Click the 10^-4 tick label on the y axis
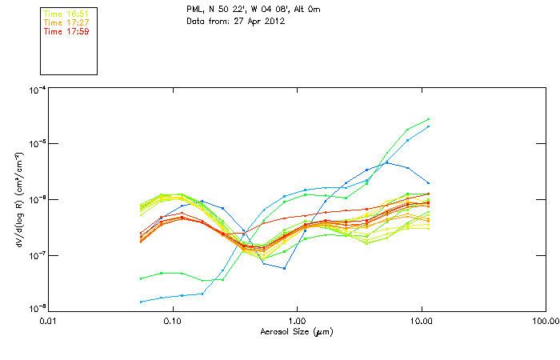coord(35,90)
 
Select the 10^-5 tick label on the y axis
coord(35,144)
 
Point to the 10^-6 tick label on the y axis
coord(35,199)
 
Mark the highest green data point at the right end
coord(429,119)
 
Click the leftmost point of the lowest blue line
coord(141,302)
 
